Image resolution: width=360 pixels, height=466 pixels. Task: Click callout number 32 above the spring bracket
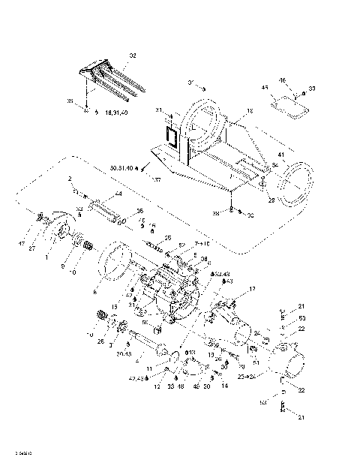pos(133,56)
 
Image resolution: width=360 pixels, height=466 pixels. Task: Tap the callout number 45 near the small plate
pos(264,88)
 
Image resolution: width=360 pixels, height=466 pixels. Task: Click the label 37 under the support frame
pos(157,180)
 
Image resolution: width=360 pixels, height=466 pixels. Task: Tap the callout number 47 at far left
pos(22,245)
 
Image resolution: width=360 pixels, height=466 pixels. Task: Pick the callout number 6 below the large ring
pos(94,292)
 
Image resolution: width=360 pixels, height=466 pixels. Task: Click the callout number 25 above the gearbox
pos(168,238)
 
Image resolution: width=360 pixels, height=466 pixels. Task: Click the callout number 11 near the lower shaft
pos(149,368)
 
